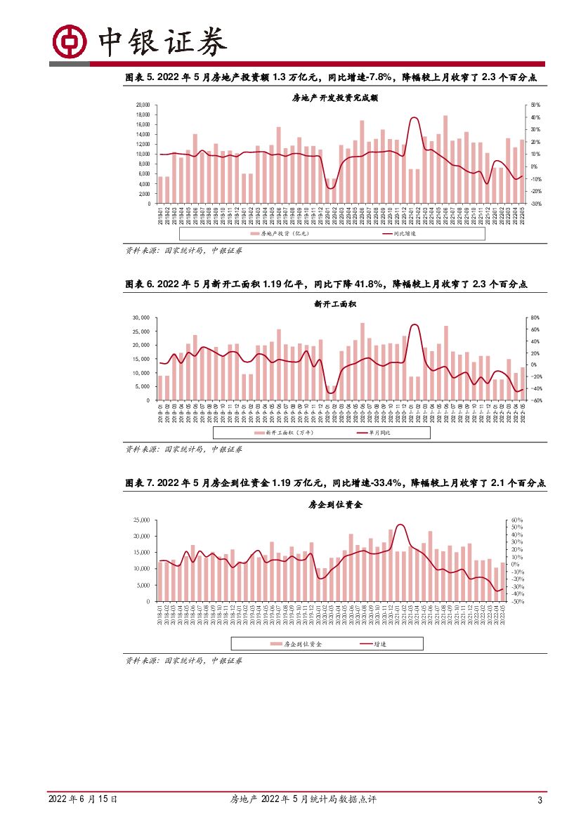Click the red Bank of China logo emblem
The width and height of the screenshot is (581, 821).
click(x=70, y=43)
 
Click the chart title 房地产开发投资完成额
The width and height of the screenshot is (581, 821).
click(x=334, y=98)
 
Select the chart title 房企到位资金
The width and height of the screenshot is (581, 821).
click(x=334, y=504)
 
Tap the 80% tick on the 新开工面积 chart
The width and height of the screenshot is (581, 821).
click(x=533, y=317)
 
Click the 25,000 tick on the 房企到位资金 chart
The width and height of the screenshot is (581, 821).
click(x=141, y=520)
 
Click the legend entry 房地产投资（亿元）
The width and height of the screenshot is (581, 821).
click(x=280, y=233)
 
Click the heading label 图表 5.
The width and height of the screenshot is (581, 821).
click(x=140, y=78)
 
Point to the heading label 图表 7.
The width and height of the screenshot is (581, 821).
click(x=140, y=483)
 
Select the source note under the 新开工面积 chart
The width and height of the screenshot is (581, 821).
click(x=184, y=449)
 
